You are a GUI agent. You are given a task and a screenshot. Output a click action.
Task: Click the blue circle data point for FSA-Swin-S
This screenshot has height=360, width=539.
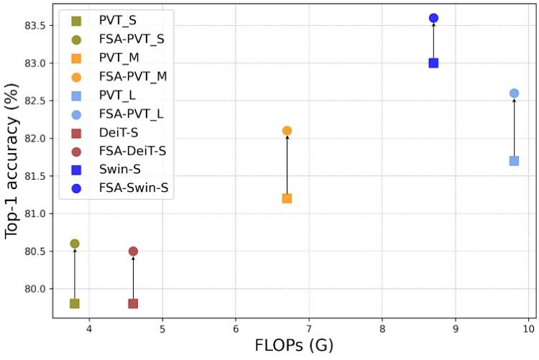[x=433, y=18]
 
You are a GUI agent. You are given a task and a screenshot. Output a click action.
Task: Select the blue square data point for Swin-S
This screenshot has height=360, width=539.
[x=433, y=63]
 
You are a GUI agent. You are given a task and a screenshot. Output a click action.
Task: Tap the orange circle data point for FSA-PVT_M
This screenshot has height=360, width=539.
[x=287, y=131]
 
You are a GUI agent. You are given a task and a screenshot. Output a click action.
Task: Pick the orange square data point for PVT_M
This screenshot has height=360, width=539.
[x=287, y=198]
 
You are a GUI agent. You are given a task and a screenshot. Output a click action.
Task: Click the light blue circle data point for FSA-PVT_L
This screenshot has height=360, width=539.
[x=514, y=93]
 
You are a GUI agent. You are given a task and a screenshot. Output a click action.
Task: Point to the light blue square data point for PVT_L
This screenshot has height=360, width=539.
[x=514, y=161]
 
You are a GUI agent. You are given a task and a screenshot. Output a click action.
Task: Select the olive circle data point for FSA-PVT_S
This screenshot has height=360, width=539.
[x=75, y=244]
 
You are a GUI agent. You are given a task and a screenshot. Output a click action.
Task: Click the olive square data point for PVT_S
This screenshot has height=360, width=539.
[x=75, y=303]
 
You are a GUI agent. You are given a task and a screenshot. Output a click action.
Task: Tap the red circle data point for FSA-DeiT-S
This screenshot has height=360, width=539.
[x=133, y=251]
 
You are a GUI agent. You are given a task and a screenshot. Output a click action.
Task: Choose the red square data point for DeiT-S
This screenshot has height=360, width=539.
[x=133, y=303]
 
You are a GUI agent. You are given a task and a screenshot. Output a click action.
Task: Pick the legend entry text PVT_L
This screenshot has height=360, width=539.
[x=118, y=95]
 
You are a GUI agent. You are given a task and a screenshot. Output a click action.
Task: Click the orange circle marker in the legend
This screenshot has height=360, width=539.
[x=76, y=76]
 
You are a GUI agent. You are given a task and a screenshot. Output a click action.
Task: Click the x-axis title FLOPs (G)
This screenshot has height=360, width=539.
[x=294, y=346]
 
